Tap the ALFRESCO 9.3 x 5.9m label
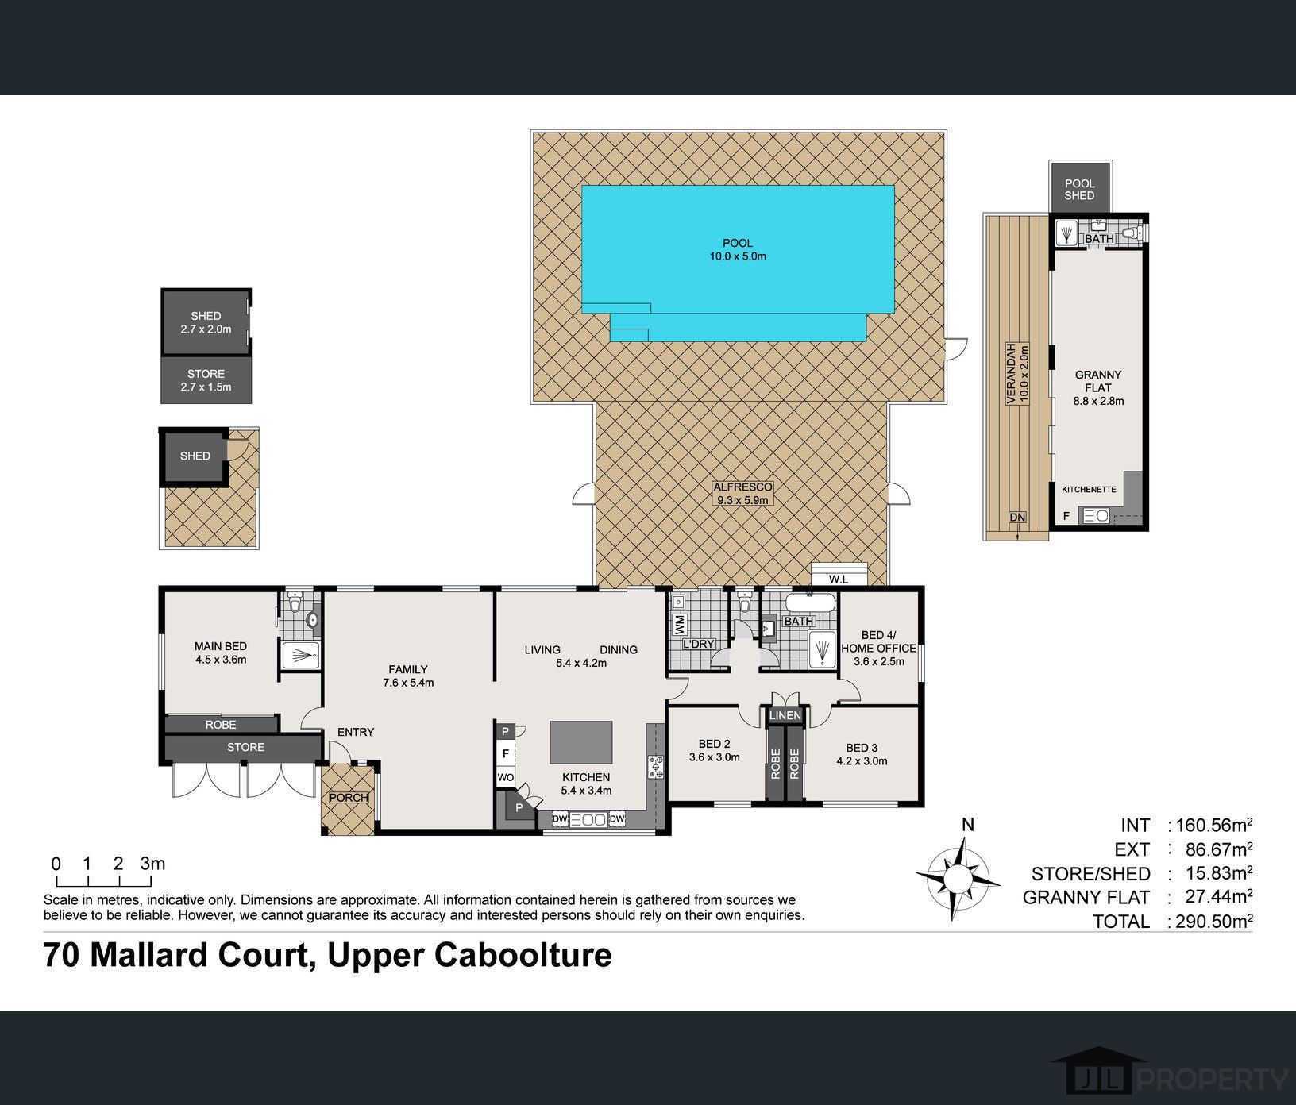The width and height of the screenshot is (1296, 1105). point(742,493)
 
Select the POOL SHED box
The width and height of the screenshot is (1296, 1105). point(1079,190)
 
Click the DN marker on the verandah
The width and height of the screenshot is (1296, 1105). point(1017,518)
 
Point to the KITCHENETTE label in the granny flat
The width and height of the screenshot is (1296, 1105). point(1089,490)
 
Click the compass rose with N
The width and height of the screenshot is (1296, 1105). point(958,877)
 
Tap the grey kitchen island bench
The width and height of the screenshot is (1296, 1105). point(581,741)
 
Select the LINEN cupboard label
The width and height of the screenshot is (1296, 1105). point(785,715)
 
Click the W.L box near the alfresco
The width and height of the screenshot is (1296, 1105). point(839,579)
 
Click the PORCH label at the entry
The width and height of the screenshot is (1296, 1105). point(349,797)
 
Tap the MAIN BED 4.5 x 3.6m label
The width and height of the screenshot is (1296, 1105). point(221,653)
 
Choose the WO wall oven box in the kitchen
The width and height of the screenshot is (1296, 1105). point(505,777)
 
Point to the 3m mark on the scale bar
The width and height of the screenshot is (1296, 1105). point(152,864)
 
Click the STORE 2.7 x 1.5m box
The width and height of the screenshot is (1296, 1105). point(206,380)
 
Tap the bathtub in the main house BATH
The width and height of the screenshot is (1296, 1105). point(810,605)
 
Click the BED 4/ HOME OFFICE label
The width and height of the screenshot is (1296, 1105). point(878,648)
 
